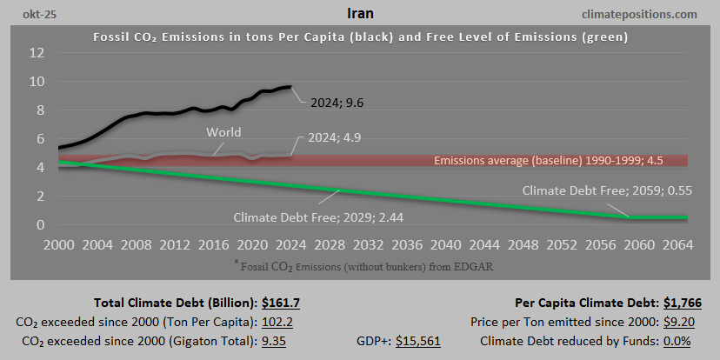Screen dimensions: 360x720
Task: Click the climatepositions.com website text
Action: [x=642, y=14]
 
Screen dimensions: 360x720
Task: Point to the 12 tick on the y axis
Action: [x=37, y=53]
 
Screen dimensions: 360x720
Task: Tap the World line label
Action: [x=223, y=133]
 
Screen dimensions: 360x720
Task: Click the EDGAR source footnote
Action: [x=360, y=264]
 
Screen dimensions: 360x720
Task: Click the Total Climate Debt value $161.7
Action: [x=285, y=303]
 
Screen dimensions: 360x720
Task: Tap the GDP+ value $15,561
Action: [x=418, y=341]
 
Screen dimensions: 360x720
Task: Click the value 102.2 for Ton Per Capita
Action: [x=278, y=322]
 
